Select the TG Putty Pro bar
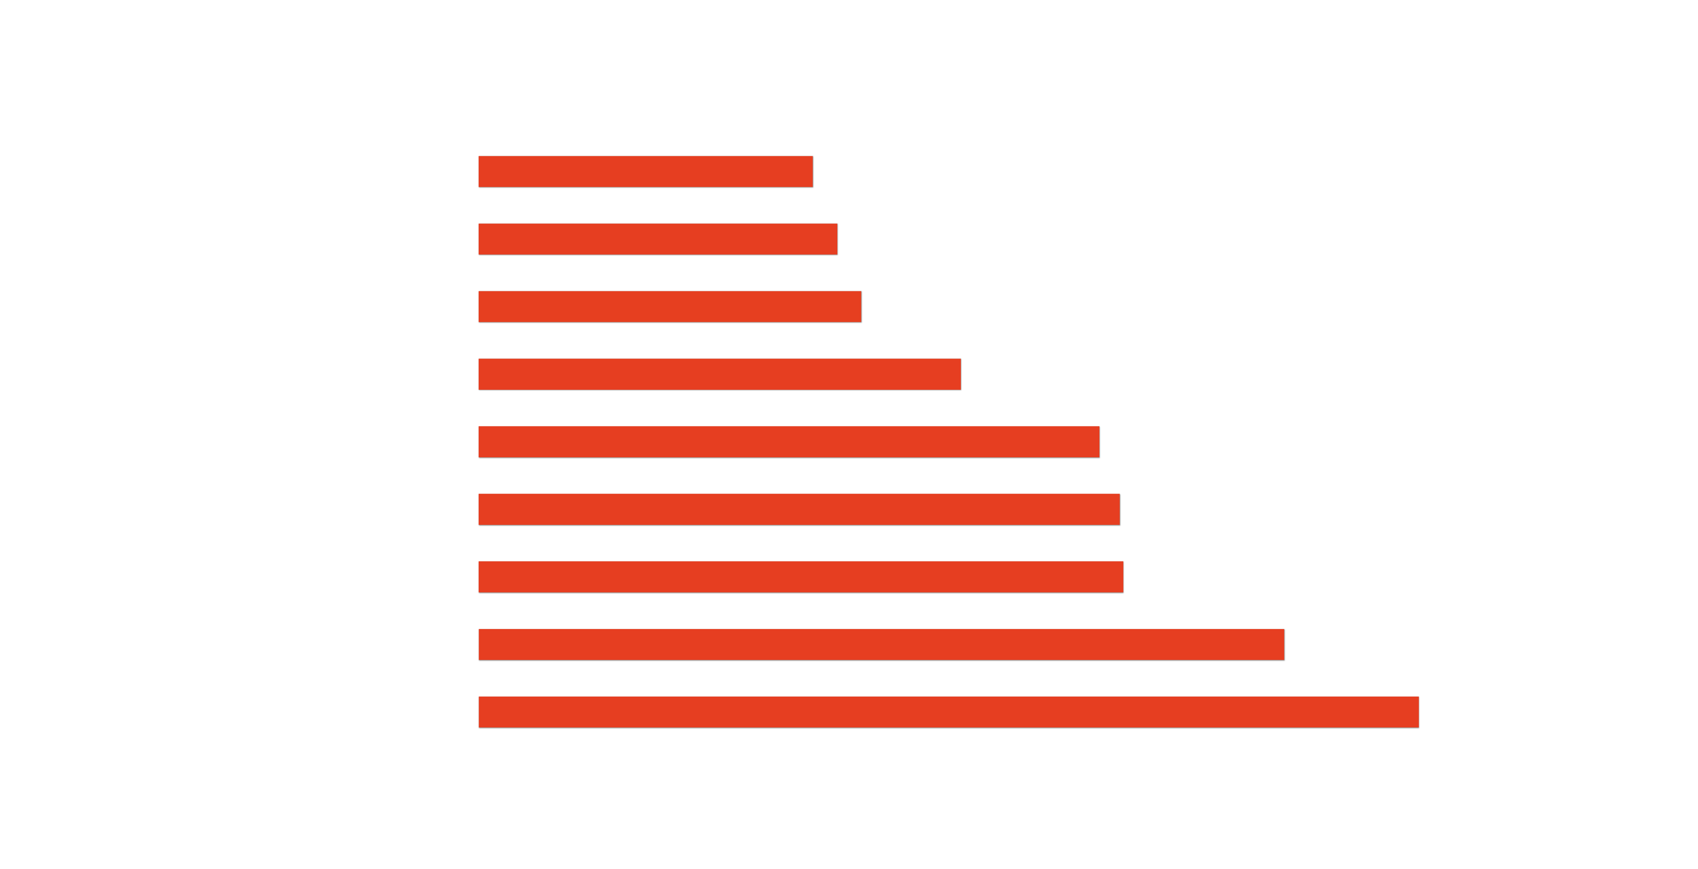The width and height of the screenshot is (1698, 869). (x=657, y=239)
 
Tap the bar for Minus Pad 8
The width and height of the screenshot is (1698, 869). (x=948, y=712)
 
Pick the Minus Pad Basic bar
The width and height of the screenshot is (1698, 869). (x=881, y=645)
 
